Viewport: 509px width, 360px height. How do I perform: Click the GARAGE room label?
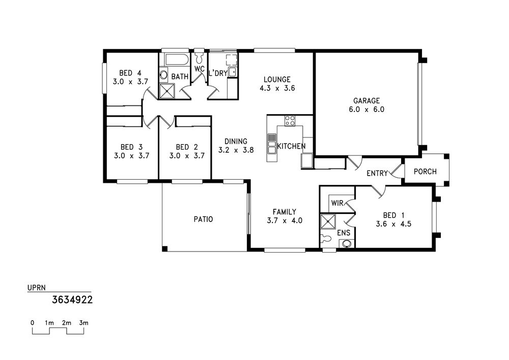[366, 101]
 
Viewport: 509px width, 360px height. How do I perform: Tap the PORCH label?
[425, 172]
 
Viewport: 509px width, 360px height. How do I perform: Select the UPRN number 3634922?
[72, 299]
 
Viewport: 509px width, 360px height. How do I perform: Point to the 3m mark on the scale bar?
[84, 323]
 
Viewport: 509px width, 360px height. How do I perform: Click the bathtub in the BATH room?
[177, 60]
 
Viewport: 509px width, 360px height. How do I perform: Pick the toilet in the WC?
[199, 57]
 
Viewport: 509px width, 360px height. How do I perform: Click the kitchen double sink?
[272, 143]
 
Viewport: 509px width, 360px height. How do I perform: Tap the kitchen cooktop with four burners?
[290, 121]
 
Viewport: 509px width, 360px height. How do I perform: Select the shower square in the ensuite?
[328, 221]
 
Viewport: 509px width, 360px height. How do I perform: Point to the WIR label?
[337, 203]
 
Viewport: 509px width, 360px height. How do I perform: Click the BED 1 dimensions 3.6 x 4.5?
[393, 224]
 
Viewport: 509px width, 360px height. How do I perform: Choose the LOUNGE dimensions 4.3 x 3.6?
[277, 88]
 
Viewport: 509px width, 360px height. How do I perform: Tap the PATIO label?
[203, 219]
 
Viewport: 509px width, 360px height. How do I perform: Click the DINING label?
[236, 141]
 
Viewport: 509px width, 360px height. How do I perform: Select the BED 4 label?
[130, 73]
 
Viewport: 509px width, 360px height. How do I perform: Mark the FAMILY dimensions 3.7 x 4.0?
[285, 220]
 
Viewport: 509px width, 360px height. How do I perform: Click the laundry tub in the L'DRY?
[233, 72]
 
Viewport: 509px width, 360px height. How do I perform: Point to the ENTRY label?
[377, 173]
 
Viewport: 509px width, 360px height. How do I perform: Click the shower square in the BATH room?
[166, 91]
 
